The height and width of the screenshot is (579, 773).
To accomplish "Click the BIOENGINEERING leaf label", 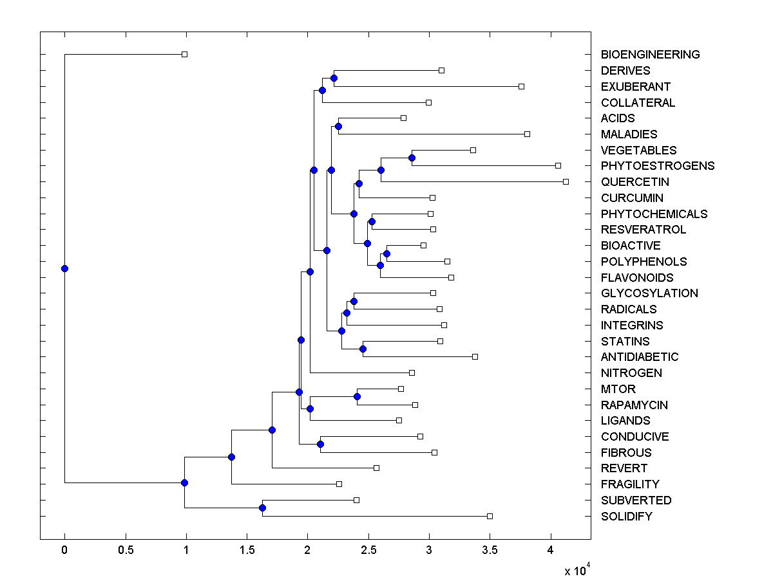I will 650,55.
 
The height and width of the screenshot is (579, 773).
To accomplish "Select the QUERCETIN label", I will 635,182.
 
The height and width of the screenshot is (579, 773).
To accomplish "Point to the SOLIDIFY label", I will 626,517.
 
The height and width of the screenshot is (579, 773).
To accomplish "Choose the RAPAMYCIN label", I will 634,405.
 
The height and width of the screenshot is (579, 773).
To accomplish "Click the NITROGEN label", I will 631,373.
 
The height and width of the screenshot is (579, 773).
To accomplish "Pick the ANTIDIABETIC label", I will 639,357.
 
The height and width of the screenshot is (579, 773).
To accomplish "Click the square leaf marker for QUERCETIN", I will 566,181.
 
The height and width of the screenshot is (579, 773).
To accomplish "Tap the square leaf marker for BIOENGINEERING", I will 184,54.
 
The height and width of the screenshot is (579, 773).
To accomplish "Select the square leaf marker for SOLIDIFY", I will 490,516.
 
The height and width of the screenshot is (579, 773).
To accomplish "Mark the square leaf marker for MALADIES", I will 527,134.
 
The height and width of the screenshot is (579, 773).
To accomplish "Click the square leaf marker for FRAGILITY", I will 339,484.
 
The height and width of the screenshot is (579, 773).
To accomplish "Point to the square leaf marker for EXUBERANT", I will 521,86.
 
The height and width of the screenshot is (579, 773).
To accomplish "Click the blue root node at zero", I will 64,268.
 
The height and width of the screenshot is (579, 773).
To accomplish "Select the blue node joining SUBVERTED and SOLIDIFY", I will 262,508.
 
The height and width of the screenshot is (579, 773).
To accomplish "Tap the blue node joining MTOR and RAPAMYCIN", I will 357,396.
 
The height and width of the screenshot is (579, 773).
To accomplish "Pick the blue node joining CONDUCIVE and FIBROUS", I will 320,444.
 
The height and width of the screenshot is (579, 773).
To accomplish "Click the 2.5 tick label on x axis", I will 368,550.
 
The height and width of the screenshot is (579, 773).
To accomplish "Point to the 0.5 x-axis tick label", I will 126,550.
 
